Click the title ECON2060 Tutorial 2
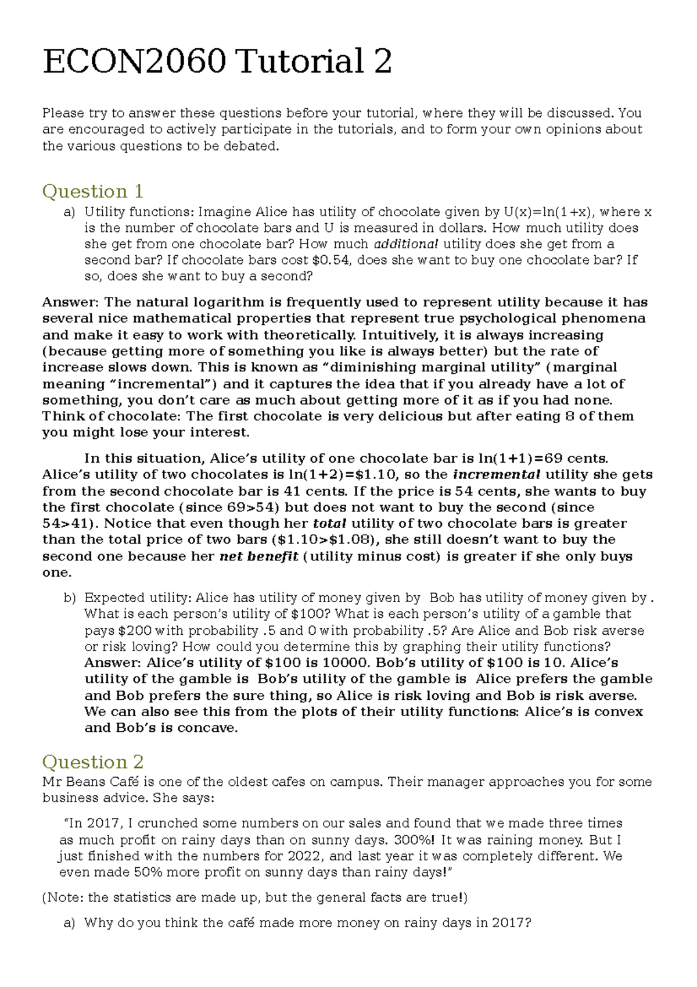click(217, 61)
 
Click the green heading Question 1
click(92, 191)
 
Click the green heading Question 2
click(92, 761)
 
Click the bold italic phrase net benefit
click(259, 556)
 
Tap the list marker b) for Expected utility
click(70, 598)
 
